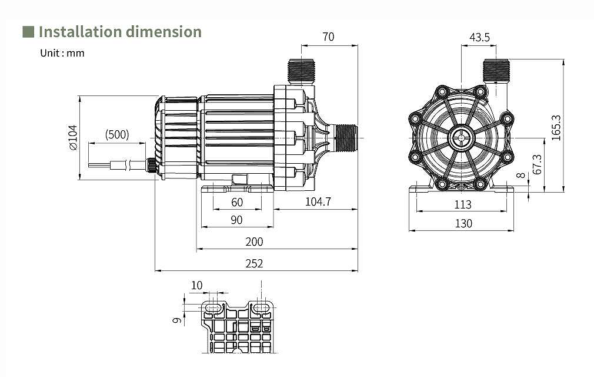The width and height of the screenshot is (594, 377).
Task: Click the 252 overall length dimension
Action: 254,263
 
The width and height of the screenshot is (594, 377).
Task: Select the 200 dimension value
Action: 254,242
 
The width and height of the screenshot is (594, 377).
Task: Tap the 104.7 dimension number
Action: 318,201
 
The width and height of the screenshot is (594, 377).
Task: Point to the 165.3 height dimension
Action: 556,128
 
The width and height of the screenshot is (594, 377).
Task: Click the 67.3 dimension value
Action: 537,164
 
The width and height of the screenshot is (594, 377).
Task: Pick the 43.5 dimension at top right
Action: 479,37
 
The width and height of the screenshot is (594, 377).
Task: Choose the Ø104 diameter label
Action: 73,137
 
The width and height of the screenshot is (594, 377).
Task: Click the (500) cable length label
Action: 116,135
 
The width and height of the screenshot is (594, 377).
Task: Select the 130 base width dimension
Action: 463,223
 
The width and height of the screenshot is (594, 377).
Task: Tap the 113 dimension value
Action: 462,204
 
